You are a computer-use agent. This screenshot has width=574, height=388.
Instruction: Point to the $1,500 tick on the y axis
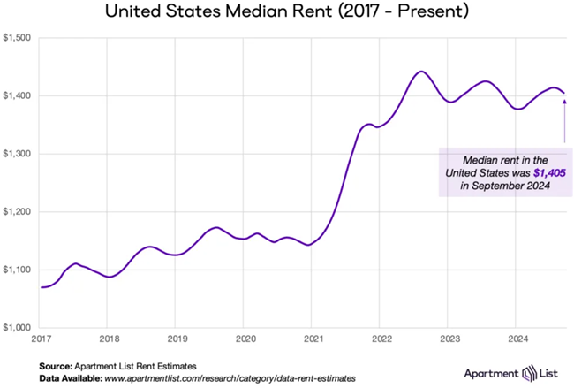(18, 38)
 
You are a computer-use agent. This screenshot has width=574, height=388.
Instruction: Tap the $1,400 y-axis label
(18, 95)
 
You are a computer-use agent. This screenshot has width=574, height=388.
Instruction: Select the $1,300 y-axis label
(18, 154)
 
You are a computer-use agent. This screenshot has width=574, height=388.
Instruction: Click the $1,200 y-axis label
(18, 212)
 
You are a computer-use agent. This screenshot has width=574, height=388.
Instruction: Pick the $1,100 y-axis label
(18, 270)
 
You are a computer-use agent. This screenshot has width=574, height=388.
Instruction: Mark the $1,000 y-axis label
(18, 328)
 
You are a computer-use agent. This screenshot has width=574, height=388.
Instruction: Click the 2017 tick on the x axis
(41, 339)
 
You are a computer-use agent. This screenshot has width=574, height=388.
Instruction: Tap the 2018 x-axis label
(109, 339)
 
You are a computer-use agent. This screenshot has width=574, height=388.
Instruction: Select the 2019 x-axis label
(177, 339)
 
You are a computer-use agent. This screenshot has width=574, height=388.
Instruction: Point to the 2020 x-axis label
(245, 339)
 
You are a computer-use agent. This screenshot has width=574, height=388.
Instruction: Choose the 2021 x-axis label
(313, 339)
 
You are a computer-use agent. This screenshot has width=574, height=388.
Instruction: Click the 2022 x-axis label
(381, 339)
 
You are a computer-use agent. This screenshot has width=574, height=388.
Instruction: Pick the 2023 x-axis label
(449, 339)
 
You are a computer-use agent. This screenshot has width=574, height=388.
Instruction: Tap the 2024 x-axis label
(517, 339)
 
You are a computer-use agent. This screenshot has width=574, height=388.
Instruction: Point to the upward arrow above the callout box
(564, 119)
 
